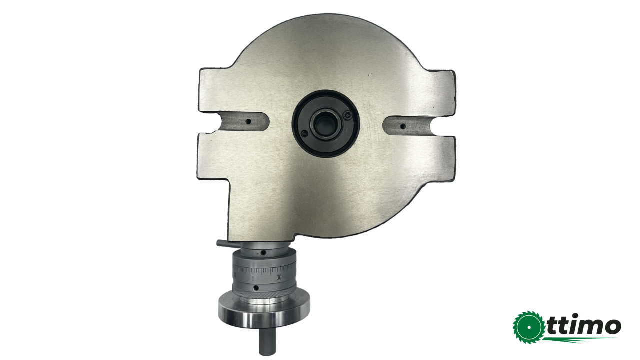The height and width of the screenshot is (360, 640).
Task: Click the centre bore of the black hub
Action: [325, 124]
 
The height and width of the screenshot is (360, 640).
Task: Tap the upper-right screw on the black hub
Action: [347, 115]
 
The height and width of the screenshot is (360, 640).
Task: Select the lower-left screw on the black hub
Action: [305, 133]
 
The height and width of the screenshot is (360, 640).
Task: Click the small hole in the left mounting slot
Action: [248, 121]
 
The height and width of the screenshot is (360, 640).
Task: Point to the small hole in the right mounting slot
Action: [403, 126]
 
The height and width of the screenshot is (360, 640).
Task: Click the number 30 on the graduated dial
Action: [279, 277]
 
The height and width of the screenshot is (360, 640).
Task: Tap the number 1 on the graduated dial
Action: [253, 278]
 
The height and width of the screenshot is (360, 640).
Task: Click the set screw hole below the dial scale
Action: [256, 287]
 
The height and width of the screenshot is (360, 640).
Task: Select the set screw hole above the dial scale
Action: [264, 253]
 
